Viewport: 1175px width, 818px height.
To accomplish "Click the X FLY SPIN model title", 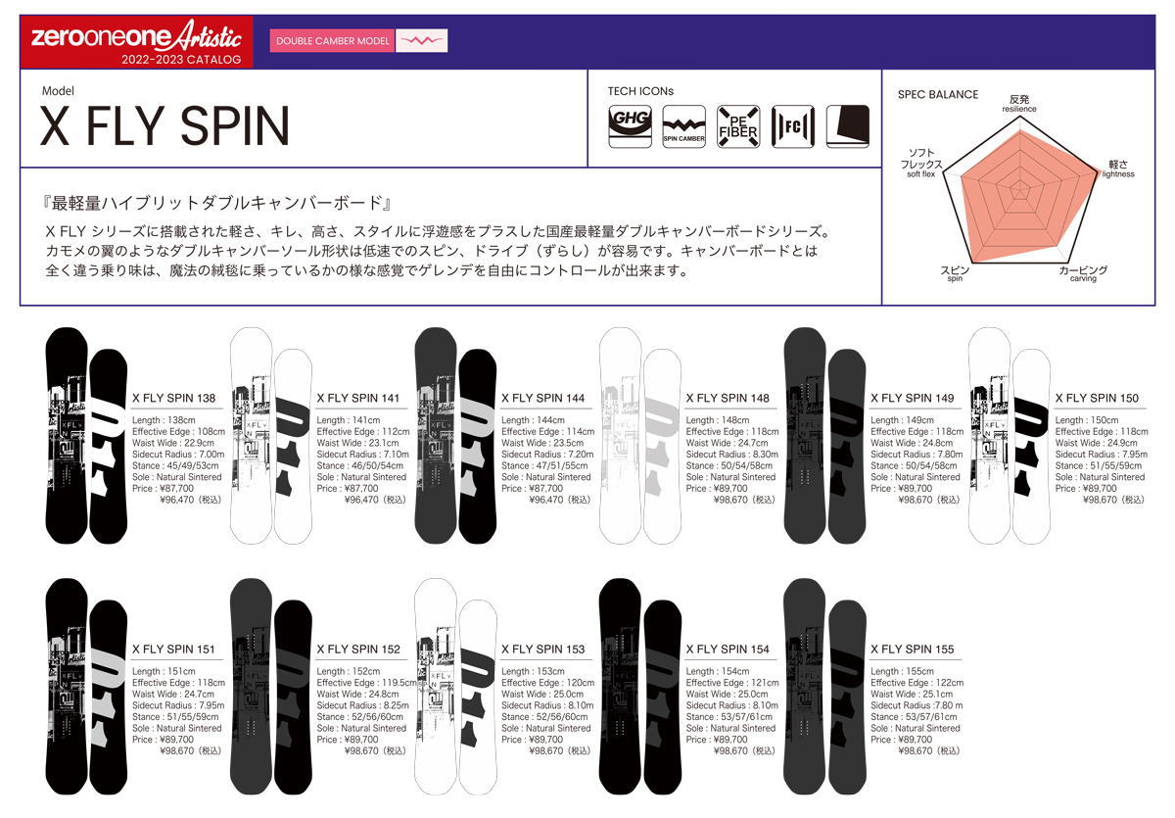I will pos(164,125).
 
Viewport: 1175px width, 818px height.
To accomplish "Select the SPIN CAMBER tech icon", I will pos(683,125).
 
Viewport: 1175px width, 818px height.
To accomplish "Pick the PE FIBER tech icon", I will pos(737,125).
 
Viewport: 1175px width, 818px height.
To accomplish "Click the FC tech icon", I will pos(792,125).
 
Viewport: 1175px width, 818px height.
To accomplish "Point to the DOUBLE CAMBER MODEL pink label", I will pos(333,41).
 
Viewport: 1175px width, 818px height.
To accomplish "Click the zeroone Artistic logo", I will pos(136,39).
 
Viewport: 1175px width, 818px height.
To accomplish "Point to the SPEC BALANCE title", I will pos(937,95).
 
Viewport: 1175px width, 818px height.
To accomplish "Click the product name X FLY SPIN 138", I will pos(173,399).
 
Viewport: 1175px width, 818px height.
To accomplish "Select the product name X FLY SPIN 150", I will pos(1097,399).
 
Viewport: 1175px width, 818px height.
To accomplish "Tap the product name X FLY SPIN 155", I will pos(912,650).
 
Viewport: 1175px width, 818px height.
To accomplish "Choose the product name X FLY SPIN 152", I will pos(358,650).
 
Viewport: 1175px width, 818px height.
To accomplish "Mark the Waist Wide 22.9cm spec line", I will pos(172,443).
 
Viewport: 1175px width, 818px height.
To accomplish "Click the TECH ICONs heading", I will pos(640,91).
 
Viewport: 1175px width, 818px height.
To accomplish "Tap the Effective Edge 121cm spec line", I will pos(732,683).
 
